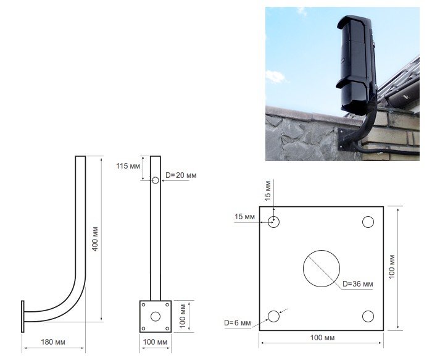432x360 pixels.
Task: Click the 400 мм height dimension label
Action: coord(95,239)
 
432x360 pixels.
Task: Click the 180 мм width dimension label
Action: coord(53,342)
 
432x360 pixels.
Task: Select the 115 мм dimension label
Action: coord(128,166)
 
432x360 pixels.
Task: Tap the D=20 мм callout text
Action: coord(181,175)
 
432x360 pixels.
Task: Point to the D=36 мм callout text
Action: coord(357,284)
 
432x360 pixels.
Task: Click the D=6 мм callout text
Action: coord(238,323)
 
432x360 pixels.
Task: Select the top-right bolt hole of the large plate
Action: coord(368,222)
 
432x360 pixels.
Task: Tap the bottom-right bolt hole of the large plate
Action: coord(368,316)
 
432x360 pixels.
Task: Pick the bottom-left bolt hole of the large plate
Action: coord(273,316)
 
